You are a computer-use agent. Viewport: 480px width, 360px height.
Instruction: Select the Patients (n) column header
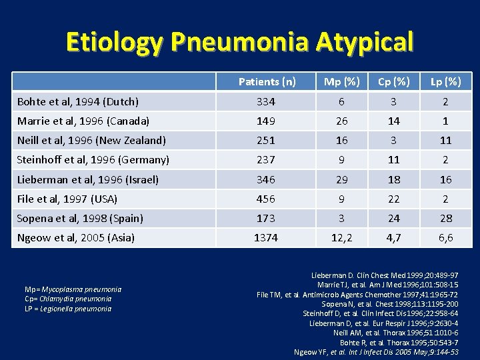[x=267, y=81]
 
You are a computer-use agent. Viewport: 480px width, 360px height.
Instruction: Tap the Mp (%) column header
[x=341, y=81]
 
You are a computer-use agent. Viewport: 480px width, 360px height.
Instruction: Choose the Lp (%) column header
[x=445, y=81]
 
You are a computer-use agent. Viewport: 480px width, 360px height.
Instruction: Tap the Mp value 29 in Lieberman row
[x=341, y=179]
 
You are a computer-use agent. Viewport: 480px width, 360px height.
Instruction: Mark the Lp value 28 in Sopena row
[x=445, y=218]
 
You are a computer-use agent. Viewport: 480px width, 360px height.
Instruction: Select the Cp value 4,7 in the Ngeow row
[x=393, y=237]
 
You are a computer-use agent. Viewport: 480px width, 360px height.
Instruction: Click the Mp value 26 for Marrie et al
[x=341, y=121]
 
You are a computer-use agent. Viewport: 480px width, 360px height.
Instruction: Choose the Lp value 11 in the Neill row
[x=445, y=141]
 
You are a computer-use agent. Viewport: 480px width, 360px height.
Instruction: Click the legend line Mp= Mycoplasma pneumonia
[x=73, y=289]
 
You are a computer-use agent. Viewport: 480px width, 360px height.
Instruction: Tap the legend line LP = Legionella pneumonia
[x=68, y=309]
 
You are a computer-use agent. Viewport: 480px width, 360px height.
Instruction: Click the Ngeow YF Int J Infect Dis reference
[x=376, y=351]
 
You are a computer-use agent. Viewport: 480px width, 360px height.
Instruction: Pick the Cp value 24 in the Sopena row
[x=393, y=218]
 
